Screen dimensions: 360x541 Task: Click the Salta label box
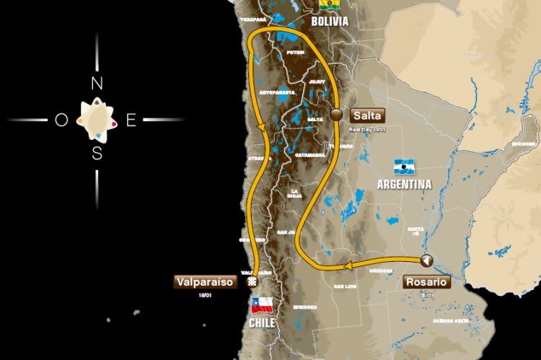[368, 115]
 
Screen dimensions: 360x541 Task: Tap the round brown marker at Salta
[336, 114]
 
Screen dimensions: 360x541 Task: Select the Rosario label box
[426, 282]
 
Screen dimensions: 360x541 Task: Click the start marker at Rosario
[426, 260]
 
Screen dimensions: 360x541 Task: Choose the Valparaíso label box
[206, 282]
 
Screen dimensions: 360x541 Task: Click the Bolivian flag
[330, 5]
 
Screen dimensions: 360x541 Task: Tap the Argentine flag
[404, 166]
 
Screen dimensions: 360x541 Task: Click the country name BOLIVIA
[330, 22]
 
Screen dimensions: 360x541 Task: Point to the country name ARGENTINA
[404, 185]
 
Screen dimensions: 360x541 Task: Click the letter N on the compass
[97, 84]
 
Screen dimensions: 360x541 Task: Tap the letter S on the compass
[97, 153]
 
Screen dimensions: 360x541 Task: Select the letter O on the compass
[61, 120]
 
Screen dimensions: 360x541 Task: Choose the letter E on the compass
[131, 120]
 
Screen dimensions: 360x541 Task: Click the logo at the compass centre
[96, 119]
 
